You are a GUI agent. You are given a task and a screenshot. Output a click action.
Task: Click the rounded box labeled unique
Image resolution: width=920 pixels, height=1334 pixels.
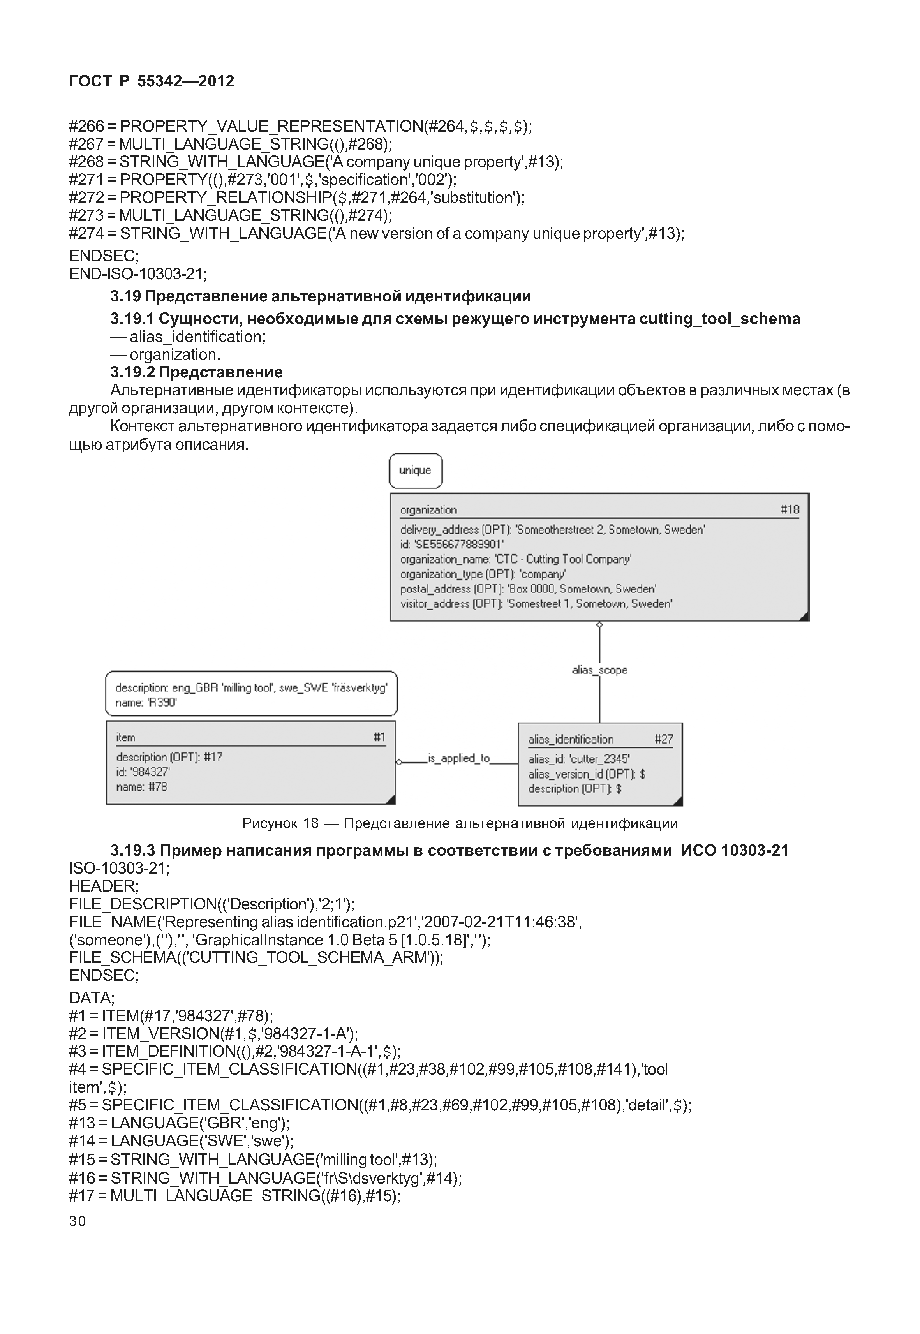click(x=415, y=471)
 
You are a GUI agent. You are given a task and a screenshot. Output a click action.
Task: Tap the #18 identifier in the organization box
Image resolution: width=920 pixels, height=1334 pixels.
click(x=789, y=509)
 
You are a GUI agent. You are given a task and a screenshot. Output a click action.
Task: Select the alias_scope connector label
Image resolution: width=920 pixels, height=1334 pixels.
click(x=599, y=670)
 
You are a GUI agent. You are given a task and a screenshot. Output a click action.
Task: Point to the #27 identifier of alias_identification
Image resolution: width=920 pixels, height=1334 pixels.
click(x=663, y=739)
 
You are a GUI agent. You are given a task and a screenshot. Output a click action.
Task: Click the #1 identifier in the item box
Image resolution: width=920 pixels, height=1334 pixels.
click(x=379, y=737)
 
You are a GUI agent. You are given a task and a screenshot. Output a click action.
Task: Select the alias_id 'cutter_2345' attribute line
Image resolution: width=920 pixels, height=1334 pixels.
click(x=579, y=759)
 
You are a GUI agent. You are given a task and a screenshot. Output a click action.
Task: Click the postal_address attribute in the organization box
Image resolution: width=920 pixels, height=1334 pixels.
click(x=527, y=589)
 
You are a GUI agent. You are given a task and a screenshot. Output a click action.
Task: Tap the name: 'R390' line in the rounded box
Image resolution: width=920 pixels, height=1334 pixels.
click(x=146, y=703)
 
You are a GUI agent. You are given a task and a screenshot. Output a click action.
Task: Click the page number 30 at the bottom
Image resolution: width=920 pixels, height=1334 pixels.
click(x=77, y=1221)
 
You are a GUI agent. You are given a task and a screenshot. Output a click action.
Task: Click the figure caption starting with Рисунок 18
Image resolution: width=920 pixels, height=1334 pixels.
click(x=460, y=823)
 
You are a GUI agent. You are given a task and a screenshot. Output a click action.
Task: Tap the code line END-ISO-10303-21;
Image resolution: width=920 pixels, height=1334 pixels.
click(x=138, y=273)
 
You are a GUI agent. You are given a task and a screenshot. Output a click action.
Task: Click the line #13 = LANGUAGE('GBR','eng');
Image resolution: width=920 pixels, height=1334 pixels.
click(x=179, y=1123)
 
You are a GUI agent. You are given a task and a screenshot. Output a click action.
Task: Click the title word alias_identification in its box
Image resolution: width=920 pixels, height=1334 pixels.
click(x=571, y=739)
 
